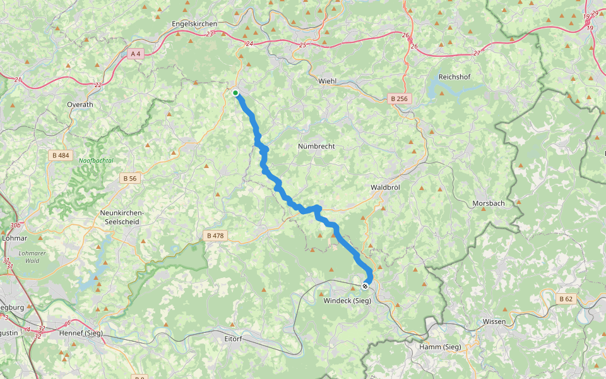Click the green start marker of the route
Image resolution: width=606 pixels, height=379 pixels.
[235, 93]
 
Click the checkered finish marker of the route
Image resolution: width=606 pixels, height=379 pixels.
[365, 286]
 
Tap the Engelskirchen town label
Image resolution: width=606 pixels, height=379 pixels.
[194, 24]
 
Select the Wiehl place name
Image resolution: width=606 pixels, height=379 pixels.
[328, 81]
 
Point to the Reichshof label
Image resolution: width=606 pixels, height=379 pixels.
[454, 77]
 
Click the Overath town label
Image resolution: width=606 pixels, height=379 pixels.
[80, 105]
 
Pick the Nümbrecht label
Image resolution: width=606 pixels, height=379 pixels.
[316, 147]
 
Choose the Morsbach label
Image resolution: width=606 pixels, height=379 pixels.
[489, 203]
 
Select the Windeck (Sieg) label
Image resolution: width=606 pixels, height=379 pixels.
[347, 301]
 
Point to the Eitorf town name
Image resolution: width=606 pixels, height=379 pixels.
[234, 339]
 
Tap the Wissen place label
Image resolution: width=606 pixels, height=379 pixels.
[494, 322]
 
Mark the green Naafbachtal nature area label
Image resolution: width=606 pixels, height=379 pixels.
[96, 161]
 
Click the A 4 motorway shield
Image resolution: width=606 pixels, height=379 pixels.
[135, 54]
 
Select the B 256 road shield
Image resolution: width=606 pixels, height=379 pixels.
[399, 99]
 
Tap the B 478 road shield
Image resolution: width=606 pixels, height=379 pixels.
[215, 236]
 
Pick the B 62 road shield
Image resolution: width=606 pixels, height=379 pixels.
[566, 298]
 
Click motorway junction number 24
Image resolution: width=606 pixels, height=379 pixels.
[249, 44]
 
